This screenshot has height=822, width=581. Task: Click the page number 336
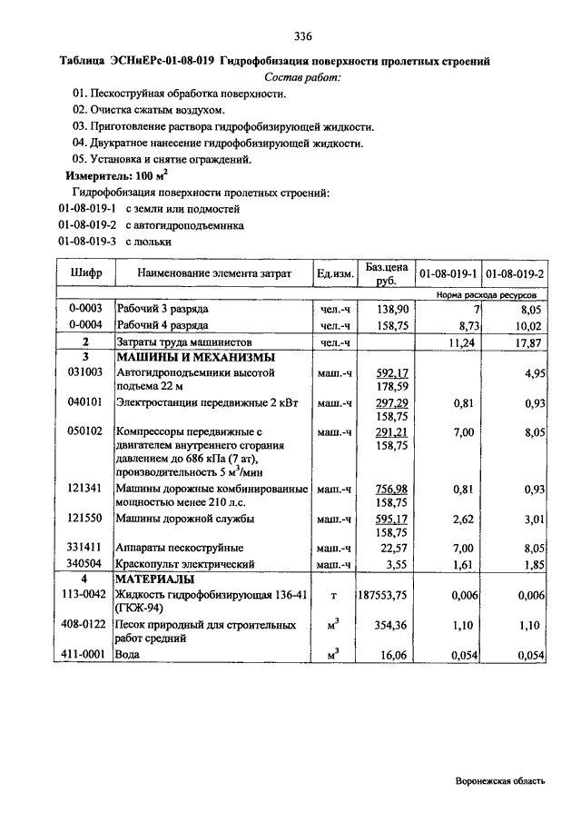pos(303,37)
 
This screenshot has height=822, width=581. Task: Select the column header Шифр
pos(86,272)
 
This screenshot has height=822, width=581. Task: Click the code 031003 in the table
pos(86,372)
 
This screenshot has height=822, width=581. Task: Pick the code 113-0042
pos(86,595)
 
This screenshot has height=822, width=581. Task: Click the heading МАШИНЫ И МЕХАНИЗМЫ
pos(191,357)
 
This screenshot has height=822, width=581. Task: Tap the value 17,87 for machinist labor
pos(527,342)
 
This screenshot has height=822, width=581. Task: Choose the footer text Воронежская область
pos(501,781)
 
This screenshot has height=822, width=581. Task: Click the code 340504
pos(86,564)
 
